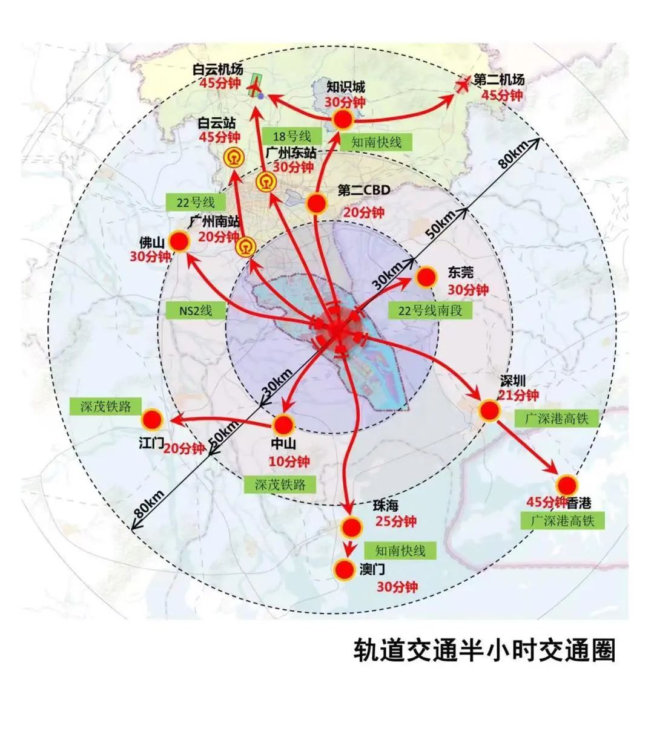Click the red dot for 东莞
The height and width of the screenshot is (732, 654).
426,277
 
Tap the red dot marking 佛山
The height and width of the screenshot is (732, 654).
179,242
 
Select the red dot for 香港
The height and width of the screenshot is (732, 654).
567,485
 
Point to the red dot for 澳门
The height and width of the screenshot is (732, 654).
344,569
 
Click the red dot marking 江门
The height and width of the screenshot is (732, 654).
151,419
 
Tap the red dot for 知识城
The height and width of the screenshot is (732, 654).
343,120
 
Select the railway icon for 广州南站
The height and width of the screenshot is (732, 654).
245,246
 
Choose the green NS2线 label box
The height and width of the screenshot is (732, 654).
196,311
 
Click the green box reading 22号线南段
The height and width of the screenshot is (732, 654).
429,311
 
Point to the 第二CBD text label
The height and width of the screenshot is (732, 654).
363,191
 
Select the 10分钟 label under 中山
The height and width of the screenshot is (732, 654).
289,462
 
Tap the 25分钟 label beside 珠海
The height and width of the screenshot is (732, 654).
396,521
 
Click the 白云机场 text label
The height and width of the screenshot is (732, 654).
218,70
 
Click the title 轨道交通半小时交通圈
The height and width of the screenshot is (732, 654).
484,652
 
